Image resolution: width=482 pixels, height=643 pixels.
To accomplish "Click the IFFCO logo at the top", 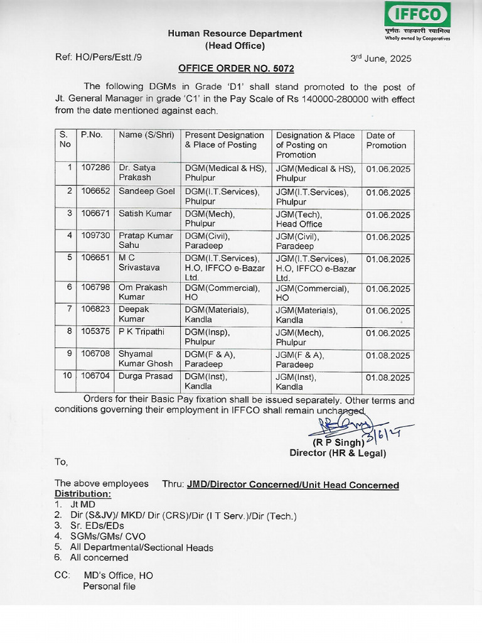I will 417,15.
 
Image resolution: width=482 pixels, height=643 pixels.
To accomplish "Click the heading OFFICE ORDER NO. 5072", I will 236,68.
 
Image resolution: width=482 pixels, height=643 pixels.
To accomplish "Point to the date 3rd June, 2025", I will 380,58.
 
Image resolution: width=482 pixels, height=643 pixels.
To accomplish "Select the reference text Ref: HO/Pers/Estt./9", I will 99,57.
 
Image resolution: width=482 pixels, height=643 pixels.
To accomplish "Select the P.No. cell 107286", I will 95,168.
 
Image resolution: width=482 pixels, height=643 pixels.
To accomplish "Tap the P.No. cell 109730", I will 95,236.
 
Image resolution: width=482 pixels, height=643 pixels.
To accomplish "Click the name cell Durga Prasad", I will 146,377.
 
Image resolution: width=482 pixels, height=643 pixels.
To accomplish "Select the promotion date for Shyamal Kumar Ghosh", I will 388,355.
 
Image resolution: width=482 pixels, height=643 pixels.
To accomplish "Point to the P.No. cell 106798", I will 95,288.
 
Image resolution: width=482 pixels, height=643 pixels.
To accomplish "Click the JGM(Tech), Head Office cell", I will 299,219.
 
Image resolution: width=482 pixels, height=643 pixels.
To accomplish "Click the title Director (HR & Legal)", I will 337,453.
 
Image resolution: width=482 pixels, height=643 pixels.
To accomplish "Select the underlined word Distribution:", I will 83,494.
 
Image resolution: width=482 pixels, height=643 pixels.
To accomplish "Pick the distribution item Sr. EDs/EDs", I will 97,526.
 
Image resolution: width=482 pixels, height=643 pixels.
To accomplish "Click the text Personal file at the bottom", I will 109,586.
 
